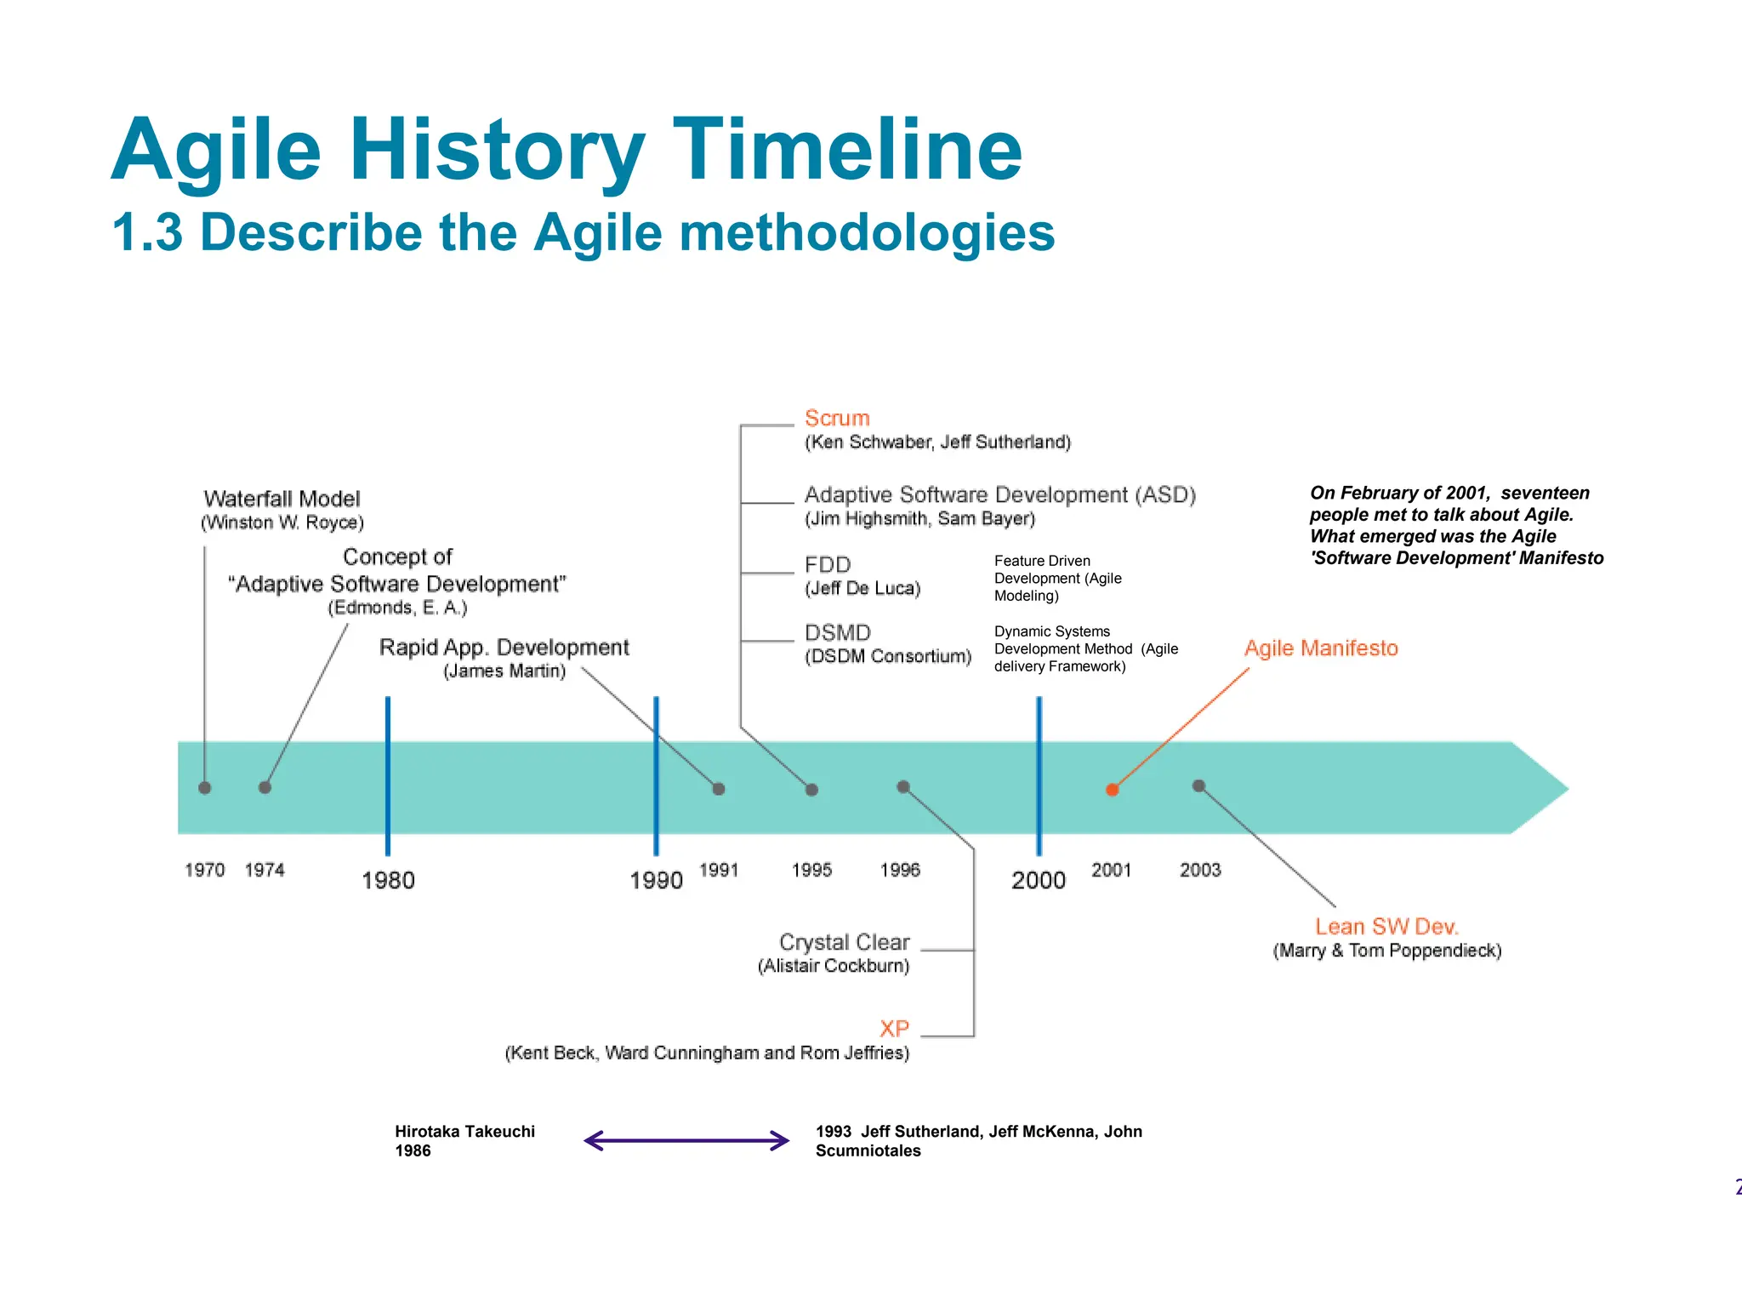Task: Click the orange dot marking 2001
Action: [1112, 790]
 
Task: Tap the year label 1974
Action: [265, 870]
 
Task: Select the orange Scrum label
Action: [837, 418]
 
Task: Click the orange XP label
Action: [894, 1028]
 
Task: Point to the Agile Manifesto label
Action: [1320, 648]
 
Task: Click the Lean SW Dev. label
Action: [1386, 927]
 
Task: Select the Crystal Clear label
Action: [844, 942]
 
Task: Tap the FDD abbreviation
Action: [827, 565]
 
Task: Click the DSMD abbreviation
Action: [837, 633]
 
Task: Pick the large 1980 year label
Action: [388, 880]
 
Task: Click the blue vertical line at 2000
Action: [1039, 774]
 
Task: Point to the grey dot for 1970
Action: [205, 788]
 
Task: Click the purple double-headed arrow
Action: [686, 1141]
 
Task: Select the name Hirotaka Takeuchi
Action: [464, 1132]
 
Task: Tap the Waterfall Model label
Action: [282, 499]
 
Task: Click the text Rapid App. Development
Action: [504, 648]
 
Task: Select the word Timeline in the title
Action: [847, 150]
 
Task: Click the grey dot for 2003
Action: [1198, 786]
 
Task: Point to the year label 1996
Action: [900, 870]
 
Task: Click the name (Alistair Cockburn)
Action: [834, 966]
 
